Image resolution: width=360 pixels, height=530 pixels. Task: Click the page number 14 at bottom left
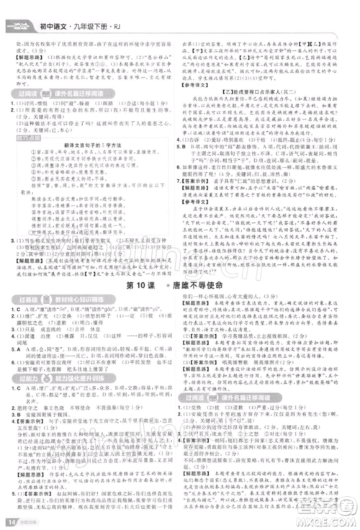[x=11, y=521]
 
